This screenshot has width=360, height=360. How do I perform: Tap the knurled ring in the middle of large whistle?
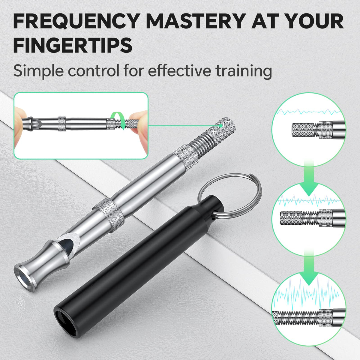(x=109, y=215)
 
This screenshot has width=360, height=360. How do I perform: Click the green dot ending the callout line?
(x=221, y=125)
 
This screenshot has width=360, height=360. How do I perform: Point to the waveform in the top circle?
(x=309, y=112)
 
